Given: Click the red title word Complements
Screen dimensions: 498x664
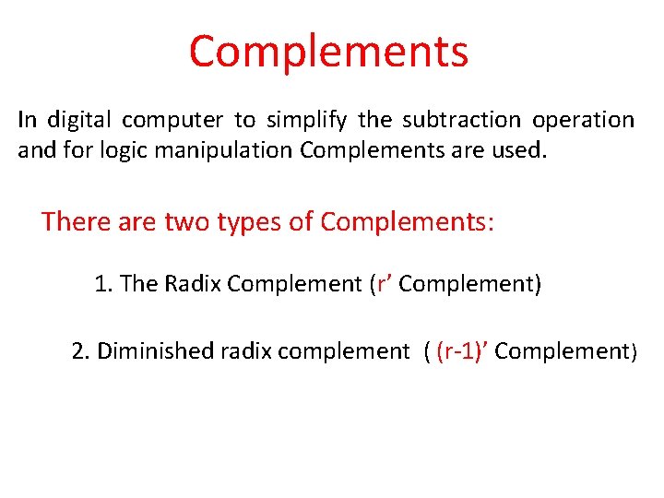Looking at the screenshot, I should tap(328, 52).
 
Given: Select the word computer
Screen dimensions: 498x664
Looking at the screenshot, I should tap(172, 120).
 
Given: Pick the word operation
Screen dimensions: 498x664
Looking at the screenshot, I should tap(583, 120).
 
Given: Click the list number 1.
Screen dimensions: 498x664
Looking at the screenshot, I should tap(102, 284).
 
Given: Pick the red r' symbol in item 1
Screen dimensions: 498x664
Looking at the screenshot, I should tap(383, 284).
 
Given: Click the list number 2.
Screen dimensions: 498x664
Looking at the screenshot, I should tap(80, 350).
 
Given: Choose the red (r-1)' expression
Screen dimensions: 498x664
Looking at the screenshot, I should tap(462, 350).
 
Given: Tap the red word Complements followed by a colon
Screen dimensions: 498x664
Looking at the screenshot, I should tap(406, 221).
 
